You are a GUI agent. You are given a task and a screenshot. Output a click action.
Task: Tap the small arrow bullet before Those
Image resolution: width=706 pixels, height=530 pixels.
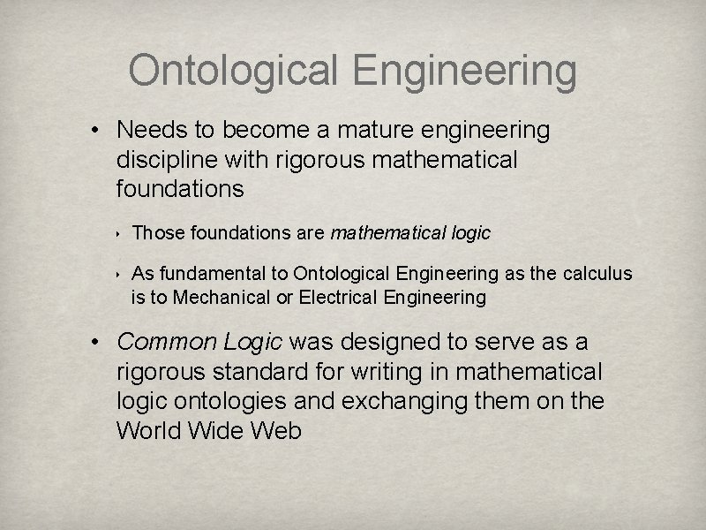pos(118,234)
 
